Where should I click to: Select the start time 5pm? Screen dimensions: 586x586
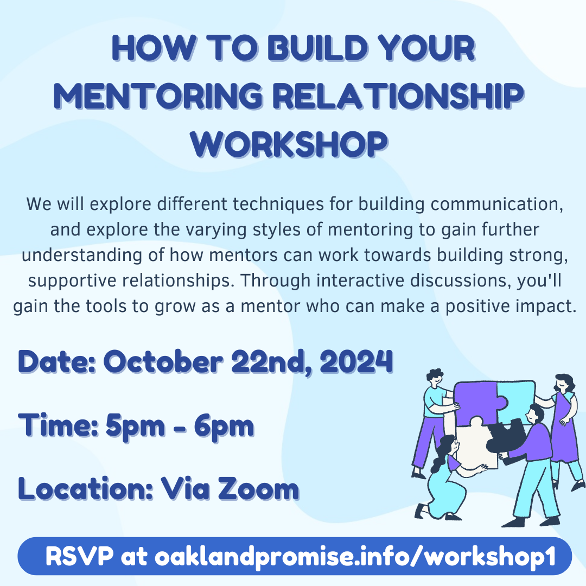pos(135,425)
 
